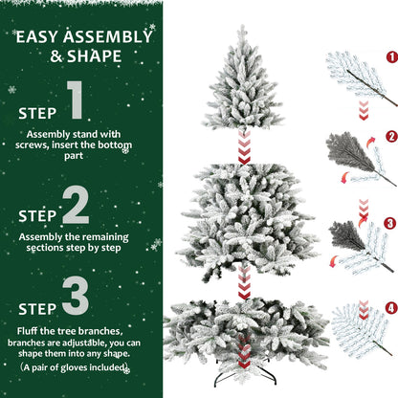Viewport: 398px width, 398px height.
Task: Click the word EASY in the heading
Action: (39, 37)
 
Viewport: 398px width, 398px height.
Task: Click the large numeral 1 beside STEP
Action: (77, 102)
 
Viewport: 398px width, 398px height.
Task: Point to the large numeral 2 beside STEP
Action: (77, 205)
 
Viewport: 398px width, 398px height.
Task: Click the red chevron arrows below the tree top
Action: (243, 145)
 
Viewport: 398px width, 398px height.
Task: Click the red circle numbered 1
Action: (390, 56)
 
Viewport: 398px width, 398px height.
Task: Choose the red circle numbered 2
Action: (390, 137)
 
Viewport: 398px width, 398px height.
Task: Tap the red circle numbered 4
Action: (390, 307)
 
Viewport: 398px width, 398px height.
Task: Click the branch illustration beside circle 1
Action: (355, 77)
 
